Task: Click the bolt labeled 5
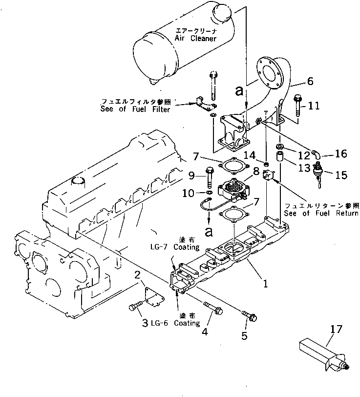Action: pos(249,315)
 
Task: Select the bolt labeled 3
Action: pos(135,307)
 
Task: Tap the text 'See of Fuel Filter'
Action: pos(135,110)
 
